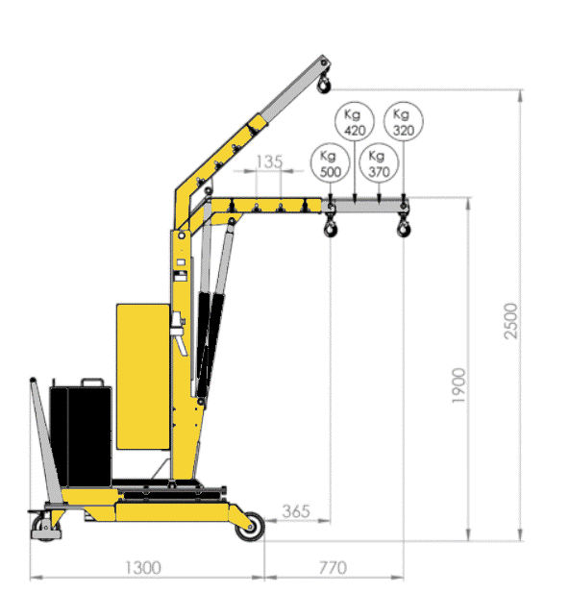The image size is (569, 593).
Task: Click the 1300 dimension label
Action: [x=143, y=568]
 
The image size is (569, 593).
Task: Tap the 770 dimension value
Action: [x=333, y=568]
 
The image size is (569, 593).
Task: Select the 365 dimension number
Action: [x=296, y=511]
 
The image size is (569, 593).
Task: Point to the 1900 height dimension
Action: [x=458, y=385]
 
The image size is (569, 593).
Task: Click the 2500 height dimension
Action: [x=510, y=321]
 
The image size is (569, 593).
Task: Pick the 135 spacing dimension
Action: [x=269, y=161]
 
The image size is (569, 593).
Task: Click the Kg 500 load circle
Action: [x=330, y=162]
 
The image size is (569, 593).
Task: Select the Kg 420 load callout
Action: [x=355, y=121]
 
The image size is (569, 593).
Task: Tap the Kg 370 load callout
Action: [x=379, y=162]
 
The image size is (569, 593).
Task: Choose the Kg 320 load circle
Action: [x=404, y=121]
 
